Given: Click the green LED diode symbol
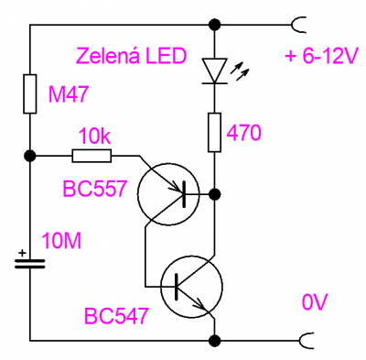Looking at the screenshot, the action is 215,71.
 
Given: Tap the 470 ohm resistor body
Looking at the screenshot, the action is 214,132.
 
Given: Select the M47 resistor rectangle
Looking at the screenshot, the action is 30,93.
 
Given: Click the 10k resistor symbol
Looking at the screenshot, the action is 91,156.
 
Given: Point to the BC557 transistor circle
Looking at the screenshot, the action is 168,194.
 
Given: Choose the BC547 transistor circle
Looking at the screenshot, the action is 191,287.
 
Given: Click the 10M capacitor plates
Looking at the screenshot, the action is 30,264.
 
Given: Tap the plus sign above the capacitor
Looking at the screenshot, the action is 22,253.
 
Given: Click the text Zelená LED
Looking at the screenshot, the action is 132,56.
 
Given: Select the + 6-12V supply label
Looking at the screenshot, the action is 320,57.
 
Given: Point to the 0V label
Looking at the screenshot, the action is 315,302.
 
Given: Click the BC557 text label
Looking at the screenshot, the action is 95,189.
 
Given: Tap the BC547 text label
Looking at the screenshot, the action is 116,315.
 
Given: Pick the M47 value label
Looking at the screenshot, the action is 69,93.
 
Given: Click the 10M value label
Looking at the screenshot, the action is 61,241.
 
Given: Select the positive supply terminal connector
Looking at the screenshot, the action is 298,25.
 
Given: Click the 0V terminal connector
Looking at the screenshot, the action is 307,340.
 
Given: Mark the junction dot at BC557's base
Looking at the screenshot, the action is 215,194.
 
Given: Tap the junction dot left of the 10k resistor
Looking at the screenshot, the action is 30,156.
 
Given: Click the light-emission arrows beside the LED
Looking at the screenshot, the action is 240,72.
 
